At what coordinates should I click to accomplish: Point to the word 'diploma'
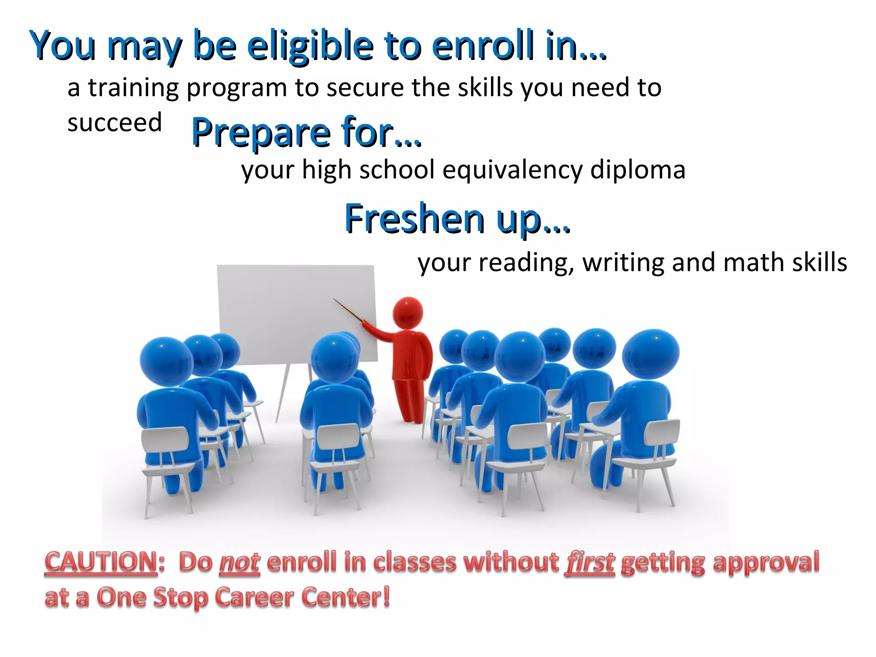pos(638,170)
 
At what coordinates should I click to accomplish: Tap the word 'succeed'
pos(115,123)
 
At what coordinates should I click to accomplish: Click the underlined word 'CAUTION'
pos(101,562)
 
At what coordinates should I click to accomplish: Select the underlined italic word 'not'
pos(240,563)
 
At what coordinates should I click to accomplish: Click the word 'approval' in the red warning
pos(766,563)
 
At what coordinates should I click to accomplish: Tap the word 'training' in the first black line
pos(133,88)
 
